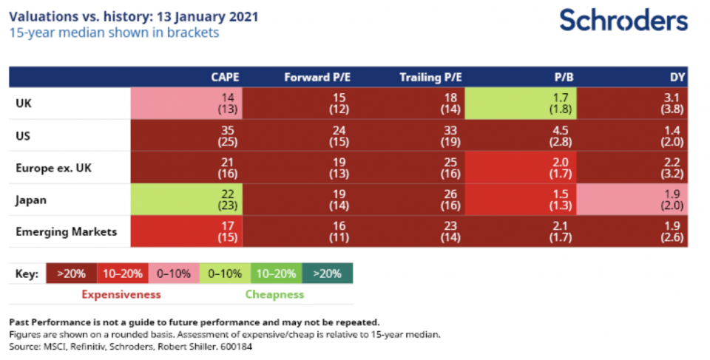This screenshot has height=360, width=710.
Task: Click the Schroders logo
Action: pyautogui.click(x=623, y=21)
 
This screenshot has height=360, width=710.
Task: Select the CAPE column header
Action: pyautogui.click(x=225, y=78)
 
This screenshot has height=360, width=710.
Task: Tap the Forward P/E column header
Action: pyautogui.click(x=317, y=78)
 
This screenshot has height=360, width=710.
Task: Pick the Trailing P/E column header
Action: pyautogui.click(x=430, y=78)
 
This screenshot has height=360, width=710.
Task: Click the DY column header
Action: pyautogui.click(x=677, y=78)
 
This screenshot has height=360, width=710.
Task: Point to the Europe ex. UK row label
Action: pyautogui.click(x=53, y=168)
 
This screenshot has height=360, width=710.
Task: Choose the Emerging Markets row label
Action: pyautogui.click(x=66, y=232)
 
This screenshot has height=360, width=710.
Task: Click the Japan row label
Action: pyautogui.click(x=31, y=200)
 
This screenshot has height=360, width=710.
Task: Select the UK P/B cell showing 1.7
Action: pyautogui.click(x=521, y=103)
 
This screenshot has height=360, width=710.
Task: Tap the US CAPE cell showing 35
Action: pyautogui.click(x=186, y=136)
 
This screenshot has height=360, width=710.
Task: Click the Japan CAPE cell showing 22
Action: pyautogui.click(x=186, y=200)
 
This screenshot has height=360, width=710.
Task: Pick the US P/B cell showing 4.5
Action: pyautogui.click(x=521, y=136)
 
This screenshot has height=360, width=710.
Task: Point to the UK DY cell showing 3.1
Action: pyautogui.click(x=632, y=103)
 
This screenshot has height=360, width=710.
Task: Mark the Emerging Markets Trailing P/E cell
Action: pyautogui.click(x=409, y=231)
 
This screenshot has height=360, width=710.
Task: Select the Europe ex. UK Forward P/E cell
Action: pyautogui.click(x=298, y=168)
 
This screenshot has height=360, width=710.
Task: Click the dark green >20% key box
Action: pyautogui.click(x=328, y=274)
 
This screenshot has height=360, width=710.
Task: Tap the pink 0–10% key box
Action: pyautogui.click(x=174, y=274)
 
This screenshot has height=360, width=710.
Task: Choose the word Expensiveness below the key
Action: pyautogui.click(x=121, y=294)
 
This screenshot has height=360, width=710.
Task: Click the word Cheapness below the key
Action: pyautogui.click(x=275, y=294)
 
